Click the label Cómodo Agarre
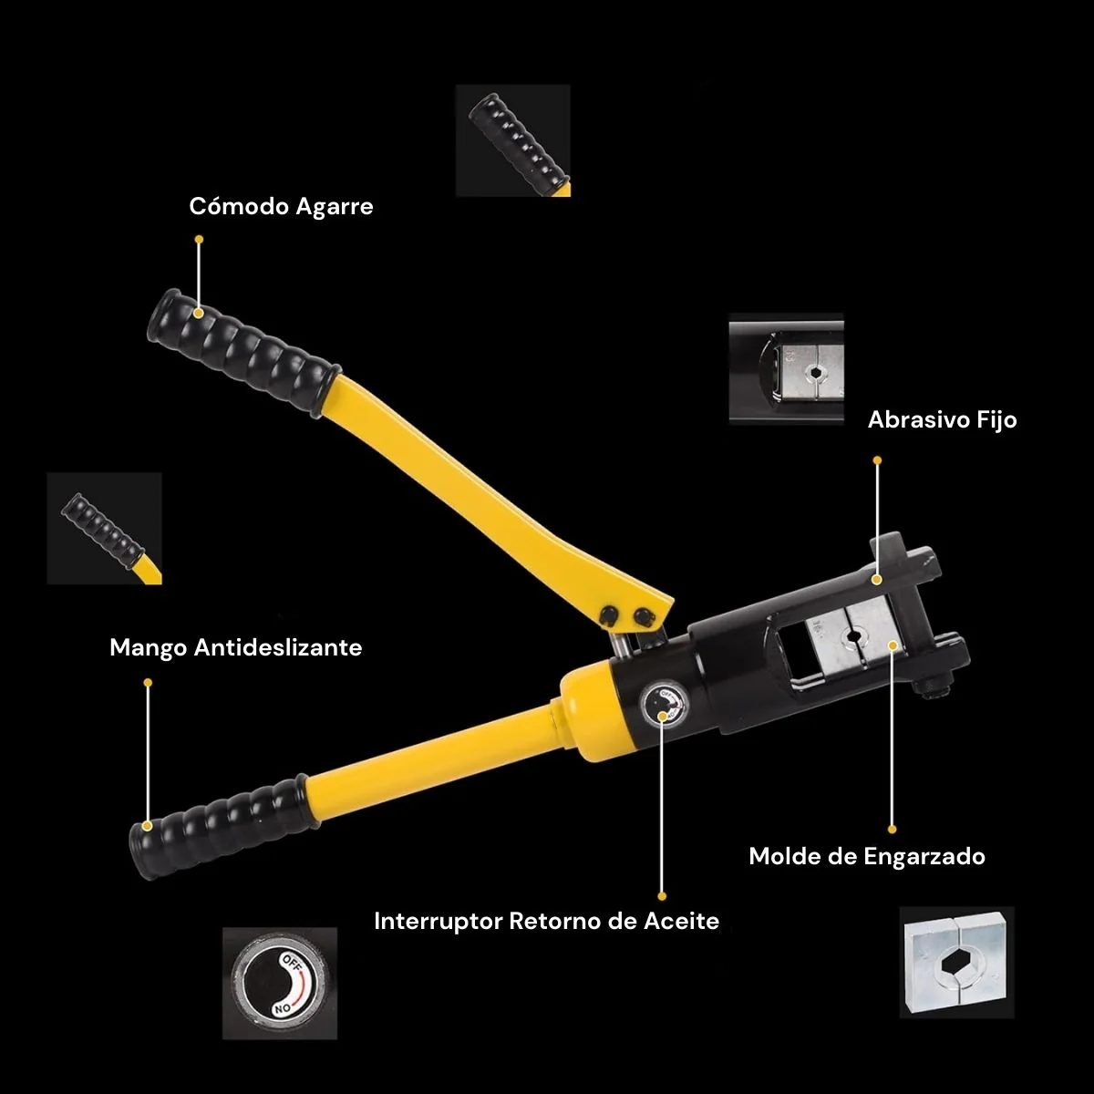pyautogui.click(x=281, y=207)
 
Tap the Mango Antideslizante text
pyautogui.click(x=235, y=647)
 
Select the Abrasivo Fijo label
pyautogui.click(x=943, y=420)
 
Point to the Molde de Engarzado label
pyautogui.click(x=867, y=857)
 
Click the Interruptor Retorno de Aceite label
pyautogui.click(x=547, y=921)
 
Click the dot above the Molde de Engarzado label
pyautogui.click(x=892, y=830)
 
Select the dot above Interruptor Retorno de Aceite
pyautogui.click(x=662, y=896)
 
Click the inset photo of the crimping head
pyautogui.click(x=786, y=369)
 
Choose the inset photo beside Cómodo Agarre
pyautogui.click(x=513, y=140)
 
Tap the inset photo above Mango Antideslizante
pyautogui.click(x=105, y=529)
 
